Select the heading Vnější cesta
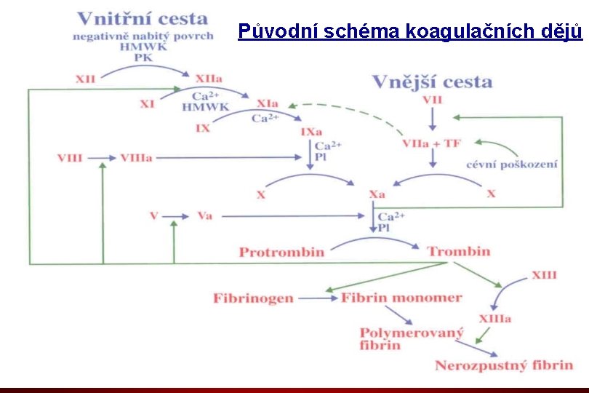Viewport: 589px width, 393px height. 432,82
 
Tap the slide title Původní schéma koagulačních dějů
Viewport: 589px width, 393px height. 411,31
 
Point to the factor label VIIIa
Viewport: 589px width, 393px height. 136,157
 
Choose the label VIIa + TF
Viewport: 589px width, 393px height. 431,143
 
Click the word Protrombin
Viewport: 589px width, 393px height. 281,252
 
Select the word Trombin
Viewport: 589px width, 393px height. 458,252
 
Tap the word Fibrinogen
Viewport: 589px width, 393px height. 253,298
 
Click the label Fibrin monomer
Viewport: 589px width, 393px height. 402,297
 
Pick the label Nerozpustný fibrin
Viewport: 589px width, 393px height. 503,365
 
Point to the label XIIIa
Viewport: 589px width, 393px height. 494,318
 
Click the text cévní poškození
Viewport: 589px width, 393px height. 512,164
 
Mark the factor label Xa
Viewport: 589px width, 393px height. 377,195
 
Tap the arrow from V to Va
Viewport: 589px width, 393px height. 177,216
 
